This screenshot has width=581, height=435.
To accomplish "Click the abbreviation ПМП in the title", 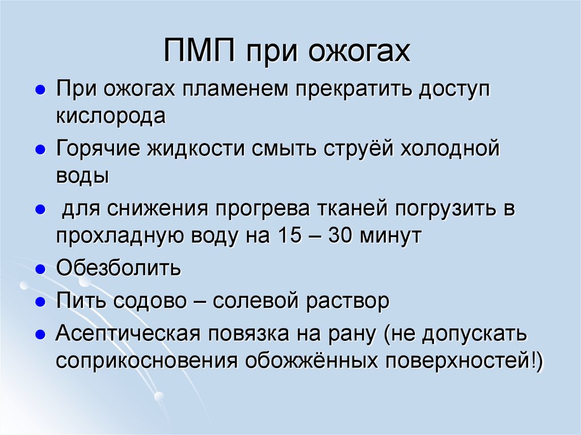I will (199, 52).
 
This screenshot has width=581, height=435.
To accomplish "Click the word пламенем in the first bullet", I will (237, 90).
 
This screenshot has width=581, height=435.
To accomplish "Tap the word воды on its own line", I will (82, 175).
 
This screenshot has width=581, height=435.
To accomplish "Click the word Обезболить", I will (118, 267).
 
